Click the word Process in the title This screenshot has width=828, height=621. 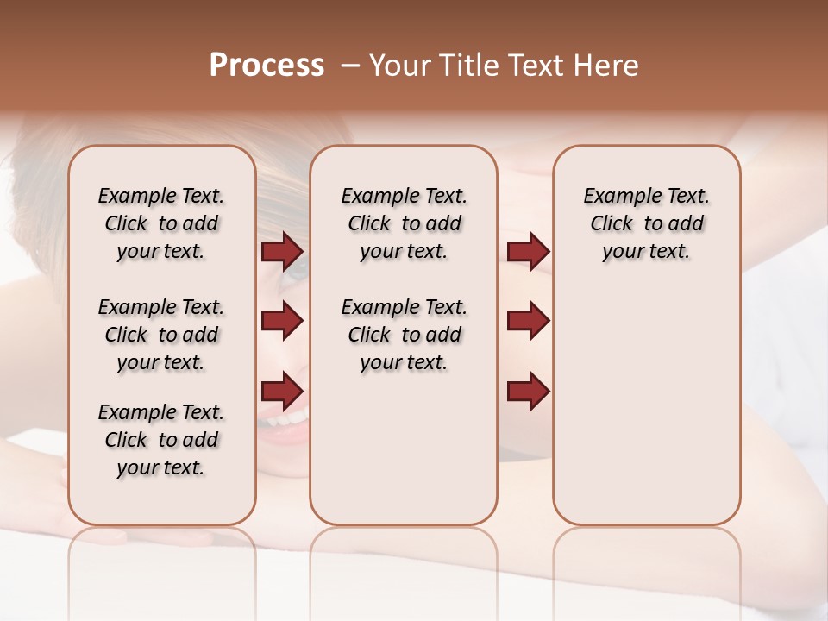pos(267,66)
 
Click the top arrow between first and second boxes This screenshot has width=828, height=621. pos(282,251)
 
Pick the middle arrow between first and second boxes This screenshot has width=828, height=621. pos(282,321)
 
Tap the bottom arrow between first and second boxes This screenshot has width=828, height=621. pos(282,391)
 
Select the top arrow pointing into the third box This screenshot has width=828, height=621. pos(528,251)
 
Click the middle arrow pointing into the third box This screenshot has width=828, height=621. pos(528,321)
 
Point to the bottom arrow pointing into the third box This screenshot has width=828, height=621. pos(528,391)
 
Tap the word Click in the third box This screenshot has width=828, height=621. pos(612,224)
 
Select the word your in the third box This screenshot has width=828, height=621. pos(623,252)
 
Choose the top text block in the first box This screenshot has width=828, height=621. pos(161,224)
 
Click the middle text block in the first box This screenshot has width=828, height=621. pos(161,335)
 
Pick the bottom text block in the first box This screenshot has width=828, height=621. pos(161,440)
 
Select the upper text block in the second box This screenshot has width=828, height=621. pos(404,224)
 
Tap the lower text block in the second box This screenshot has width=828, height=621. pos(404,335)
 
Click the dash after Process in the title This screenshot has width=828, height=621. pos(350,66)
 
